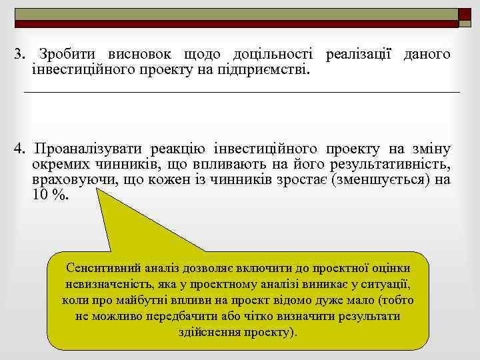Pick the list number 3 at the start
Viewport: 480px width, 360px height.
coord(19,55)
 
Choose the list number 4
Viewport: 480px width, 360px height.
coord(19,147)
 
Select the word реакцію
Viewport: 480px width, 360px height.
coord(179,147)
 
